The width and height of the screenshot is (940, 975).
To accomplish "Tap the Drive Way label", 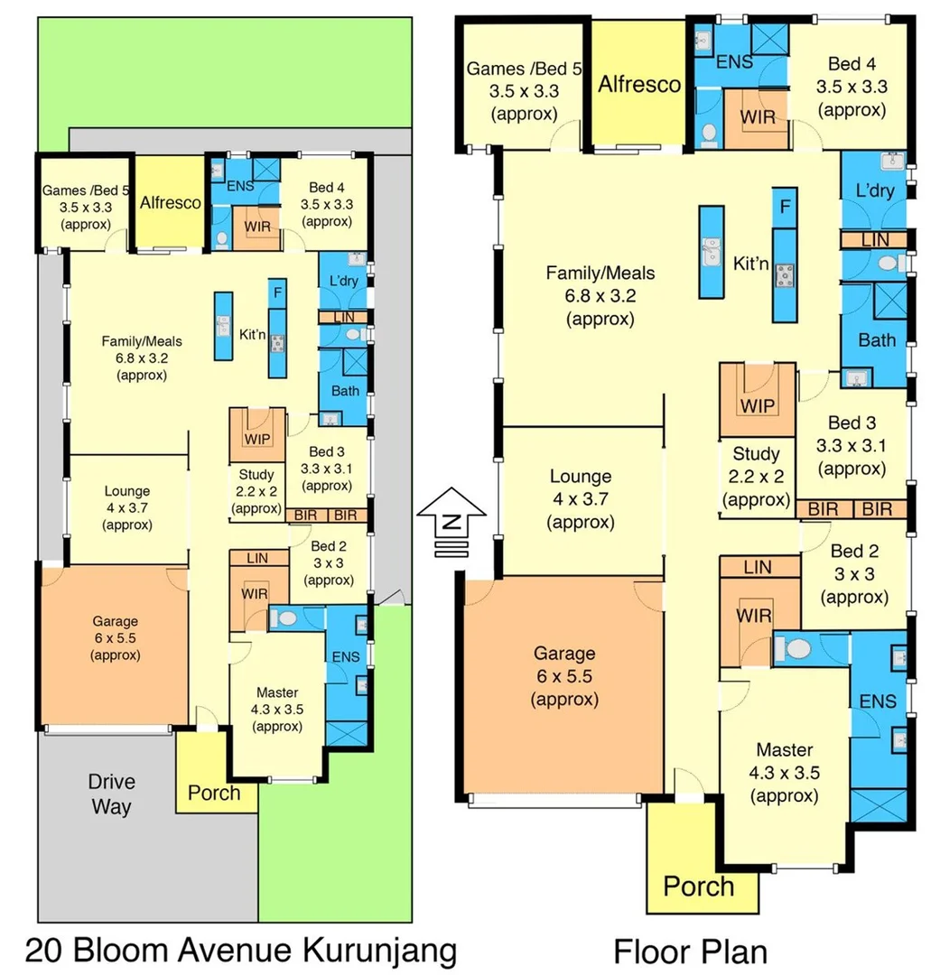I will pos(110,794).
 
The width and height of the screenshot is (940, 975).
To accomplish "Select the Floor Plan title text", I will pos(691,951).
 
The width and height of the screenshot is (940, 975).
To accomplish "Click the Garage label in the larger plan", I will pos(564,653).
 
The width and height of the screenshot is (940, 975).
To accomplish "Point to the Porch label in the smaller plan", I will pos(214,793).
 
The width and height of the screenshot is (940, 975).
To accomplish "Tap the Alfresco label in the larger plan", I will pos(639,84).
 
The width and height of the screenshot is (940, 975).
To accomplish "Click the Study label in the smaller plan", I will pos(256,475).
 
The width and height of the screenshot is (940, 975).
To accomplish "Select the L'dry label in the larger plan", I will pos(874,190).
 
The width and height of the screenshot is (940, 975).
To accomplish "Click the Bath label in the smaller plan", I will pos(344,391).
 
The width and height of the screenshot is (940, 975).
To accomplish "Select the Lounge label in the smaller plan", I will pos(127,491).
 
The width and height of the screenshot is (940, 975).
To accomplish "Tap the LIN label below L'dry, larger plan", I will pos(874,239).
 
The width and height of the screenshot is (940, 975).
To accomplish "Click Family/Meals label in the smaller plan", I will pos(142,341).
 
